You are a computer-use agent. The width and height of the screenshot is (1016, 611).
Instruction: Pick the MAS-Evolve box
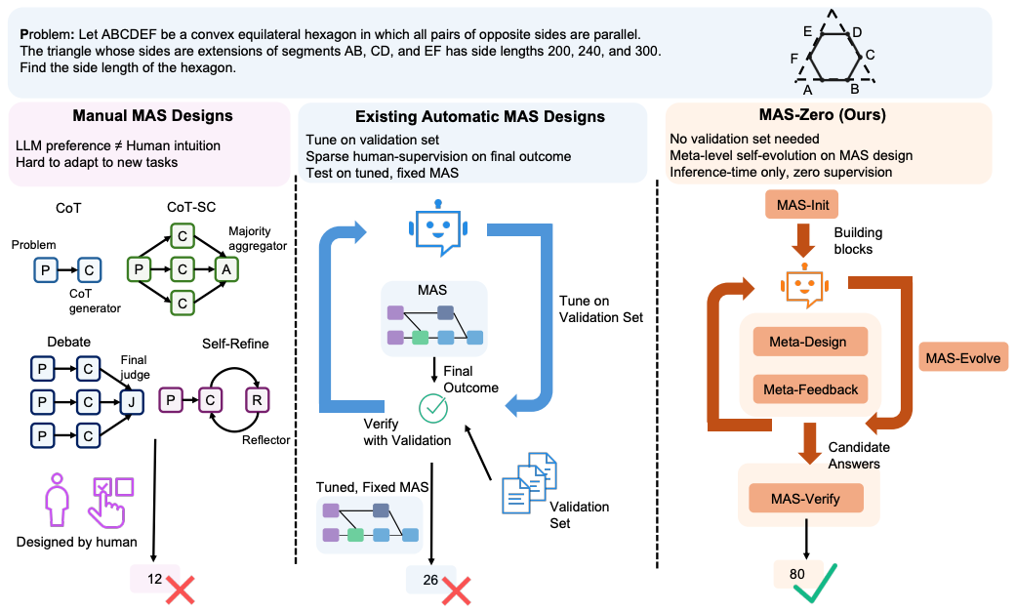[x=964, y=357]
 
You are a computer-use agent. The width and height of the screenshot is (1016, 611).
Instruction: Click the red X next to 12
[x=182, y=589]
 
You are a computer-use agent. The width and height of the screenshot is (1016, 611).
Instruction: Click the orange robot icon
[x=802, y=282]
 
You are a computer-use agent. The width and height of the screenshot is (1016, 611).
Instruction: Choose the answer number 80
[x=797, y=573]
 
